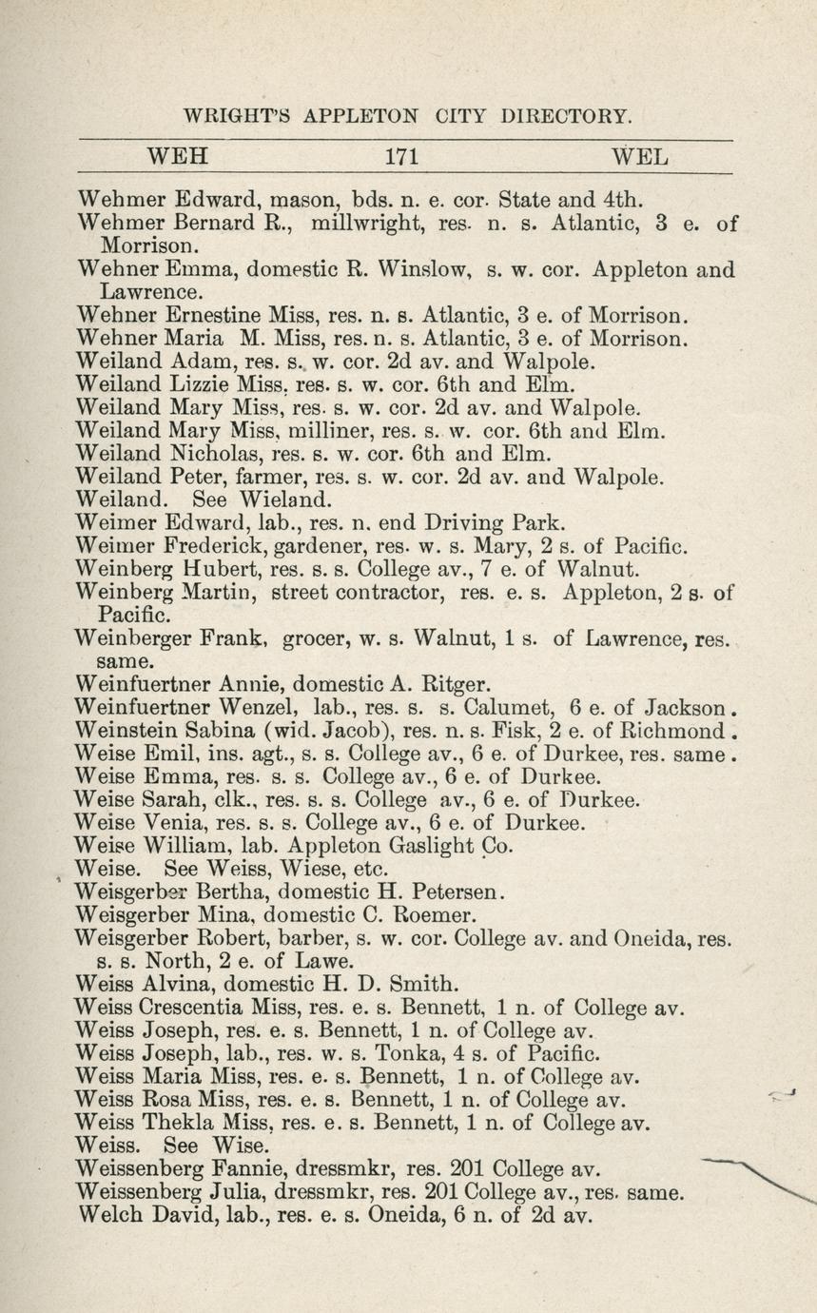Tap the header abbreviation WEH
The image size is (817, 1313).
point(178,156)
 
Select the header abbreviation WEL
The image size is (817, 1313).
point(640,156)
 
